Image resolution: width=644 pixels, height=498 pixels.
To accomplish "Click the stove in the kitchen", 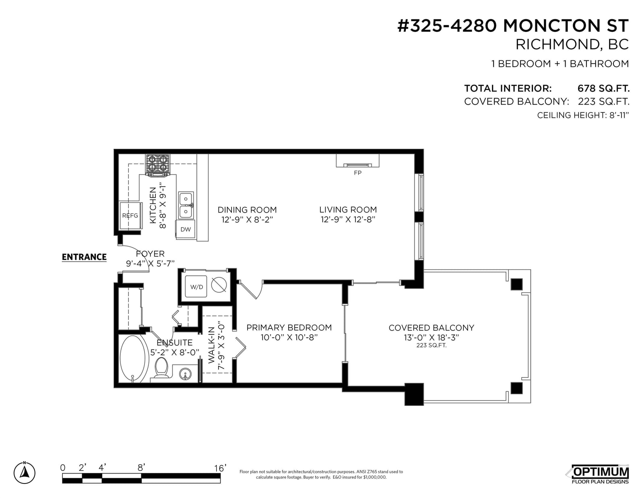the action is (157, 165).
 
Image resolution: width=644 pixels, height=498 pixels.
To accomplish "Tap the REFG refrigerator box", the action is (131, 215).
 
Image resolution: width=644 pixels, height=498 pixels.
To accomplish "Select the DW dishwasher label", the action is (186, 229).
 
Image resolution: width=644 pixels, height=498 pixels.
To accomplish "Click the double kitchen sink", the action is (186, 205).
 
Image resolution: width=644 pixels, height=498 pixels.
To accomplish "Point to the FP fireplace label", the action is (358, 173).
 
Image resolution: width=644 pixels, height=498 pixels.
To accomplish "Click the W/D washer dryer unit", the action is (196, 286).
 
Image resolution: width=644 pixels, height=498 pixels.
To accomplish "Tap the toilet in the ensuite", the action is (161, 368).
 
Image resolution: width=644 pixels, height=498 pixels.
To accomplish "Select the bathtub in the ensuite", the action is (134, 359).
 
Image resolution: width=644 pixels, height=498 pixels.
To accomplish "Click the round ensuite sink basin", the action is (186, 374).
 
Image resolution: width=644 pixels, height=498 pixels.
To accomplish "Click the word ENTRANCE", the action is (84, 257).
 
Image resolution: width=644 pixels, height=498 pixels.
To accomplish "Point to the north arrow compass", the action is (25, 473).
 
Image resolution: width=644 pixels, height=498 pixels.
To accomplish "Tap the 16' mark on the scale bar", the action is (220, 468).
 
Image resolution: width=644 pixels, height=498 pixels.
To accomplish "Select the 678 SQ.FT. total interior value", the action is (603, 88).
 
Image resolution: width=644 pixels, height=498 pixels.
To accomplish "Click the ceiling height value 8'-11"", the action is (619, 115).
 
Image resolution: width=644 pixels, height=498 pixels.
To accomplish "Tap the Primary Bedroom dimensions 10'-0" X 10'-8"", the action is (289, 337).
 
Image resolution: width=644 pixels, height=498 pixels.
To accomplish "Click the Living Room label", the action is (348, 210).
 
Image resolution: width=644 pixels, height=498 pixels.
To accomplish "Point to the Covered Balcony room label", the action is (431, 328).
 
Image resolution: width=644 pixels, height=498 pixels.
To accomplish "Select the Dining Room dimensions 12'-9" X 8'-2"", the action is (247, 220).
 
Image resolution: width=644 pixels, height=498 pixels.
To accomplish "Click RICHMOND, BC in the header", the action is (572, 44).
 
